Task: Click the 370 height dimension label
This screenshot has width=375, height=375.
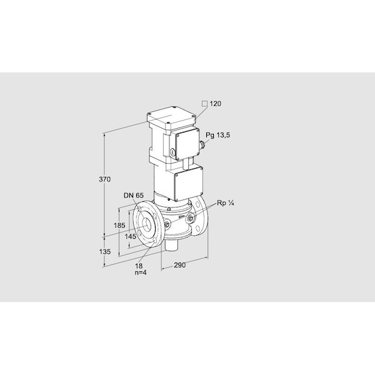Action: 105,179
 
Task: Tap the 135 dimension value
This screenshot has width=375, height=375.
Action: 105,251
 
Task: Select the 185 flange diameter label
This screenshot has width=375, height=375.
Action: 119,225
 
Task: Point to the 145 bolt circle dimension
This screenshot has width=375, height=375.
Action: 130,236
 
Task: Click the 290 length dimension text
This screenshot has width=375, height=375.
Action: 179,265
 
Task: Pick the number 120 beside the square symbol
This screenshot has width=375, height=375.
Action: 216,104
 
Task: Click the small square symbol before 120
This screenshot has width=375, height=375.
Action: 204,104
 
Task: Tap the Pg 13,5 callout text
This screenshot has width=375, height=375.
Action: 217,135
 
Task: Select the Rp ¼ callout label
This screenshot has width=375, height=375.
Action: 225,203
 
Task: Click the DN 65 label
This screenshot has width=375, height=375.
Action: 134,195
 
